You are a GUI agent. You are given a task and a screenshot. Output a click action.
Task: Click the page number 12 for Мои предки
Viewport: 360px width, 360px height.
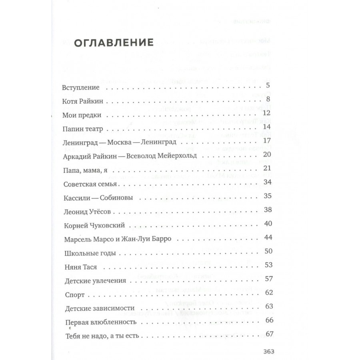click(268, 114)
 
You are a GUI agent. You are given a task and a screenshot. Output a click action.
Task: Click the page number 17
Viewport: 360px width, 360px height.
click(268, 141)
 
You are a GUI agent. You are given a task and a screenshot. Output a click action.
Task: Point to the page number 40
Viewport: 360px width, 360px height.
click(268, 223)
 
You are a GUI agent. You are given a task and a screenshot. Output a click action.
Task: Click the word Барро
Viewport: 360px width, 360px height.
click(162, 239)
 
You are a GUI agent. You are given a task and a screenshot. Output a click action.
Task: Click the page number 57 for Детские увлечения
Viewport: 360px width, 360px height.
click(268, 278)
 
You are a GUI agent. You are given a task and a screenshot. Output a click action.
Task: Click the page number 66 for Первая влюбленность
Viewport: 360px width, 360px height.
click(268, 320)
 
